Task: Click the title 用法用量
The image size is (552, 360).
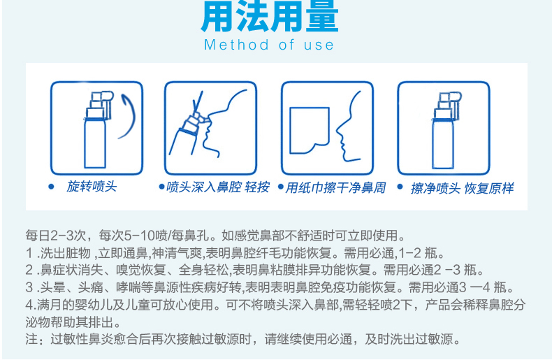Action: coord(269,17)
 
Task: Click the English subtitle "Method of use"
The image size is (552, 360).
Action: coord(269,45)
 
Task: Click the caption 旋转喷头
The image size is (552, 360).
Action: coord(92,187)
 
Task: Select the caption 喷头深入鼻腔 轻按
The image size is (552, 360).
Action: coord(218,187)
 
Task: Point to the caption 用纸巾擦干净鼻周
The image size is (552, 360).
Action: coord(335,188)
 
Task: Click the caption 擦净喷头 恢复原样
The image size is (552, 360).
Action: coord(462,189)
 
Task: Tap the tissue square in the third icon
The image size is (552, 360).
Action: coord(310,131)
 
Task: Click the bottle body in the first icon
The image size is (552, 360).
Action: coord(95,143)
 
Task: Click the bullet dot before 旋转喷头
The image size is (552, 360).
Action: coord(52,187)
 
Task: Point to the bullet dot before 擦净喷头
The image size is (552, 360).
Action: coord(400,187)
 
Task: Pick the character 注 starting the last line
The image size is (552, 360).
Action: coord(31,339)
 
